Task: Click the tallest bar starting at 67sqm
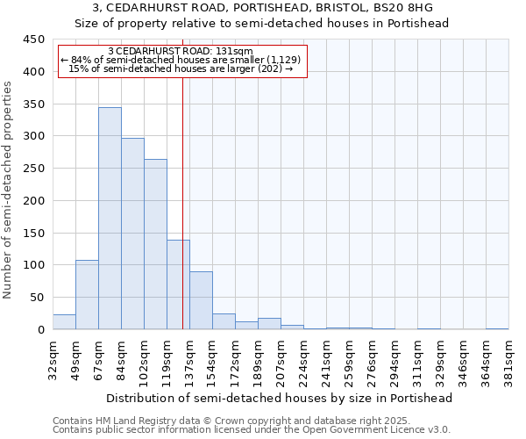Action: (110, 219)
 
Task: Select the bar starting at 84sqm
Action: (132, 234)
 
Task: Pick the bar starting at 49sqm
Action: (87, 295)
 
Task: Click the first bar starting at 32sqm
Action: (64, 322)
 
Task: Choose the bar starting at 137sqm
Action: (201, 300)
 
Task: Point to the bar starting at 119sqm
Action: (178, 284)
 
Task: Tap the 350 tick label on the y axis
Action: (34, 104)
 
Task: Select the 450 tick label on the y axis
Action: (34, 40)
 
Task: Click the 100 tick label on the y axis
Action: (34, 265)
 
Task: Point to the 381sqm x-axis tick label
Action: (509, 359)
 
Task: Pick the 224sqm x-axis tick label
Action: (304, 359)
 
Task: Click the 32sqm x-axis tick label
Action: (53, 359)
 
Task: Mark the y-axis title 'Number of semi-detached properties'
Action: (9, 190)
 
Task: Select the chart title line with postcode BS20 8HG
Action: (263, 8)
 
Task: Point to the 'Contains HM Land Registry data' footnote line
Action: (251, 421)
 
